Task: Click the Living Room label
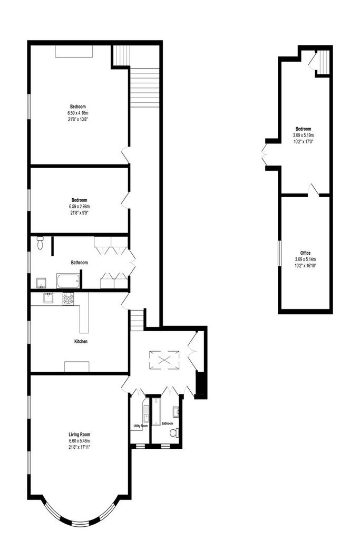tap(79, 435)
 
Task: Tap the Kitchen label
tap(81, 341)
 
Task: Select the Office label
tap(305, 253)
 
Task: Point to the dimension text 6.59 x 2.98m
tap(79, 206)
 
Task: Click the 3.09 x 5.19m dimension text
tap(303, 135)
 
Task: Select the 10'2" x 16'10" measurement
tap(305, 266)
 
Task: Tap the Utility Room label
tap(140, 426)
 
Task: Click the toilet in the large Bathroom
tap(40, 243)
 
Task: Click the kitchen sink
tap(47, 298)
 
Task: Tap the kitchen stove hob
tap(68, 298)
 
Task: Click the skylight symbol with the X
tap(164, 360)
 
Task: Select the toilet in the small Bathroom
tap(174, 432)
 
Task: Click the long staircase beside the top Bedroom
tap(144, 88)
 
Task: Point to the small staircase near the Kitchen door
tap(137, 320)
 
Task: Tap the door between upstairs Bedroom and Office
tap(313, 190)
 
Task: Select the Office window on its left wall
tap(279, 253)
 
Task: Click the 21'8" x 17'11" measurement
tap(79, 447)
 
